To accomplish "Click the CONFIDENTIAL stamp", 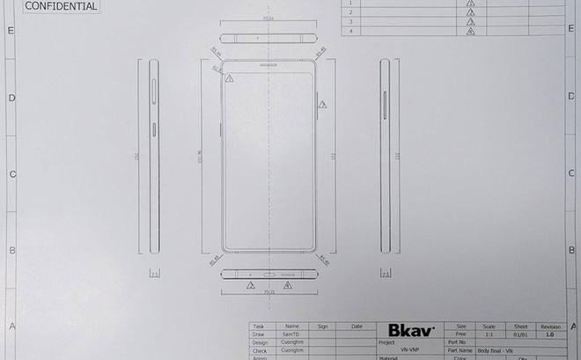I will pyautogui.click(x=61, y=5).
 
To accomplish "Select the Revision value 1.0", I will pyautogui.click(x=549, y=334).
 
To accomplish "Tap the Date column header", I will pyautogui.click(x=357, y=327).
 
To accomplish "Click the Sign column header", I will pyautogui.click(x=322, y=327).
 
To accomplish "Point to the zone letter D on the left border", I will pyautogui.click(x=11, y=98).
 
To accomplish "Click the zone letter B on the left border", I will pyautogui.click(x=11, y=250).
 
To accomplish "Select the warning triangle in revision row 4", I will pyautogui.click(x=471, y=32).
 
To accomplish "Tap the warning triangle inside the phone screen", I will pyautogui.click(x=229, y=78).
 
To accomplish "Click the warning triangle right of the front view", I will pyautogui.click(x=322, y=105).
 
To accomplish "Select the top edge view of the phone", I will pyautogui.click(x=267, y=39).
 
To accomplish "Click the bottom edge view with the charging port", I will pyautogui.click(x=267, y=274).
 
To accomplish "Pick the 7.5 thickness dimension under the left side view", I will pyautogui.click(x=155, y=275).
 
